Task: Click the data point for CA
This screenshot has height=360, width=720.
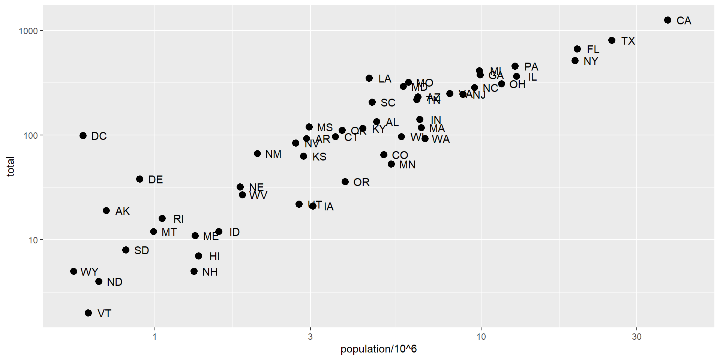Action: tap(667, 20)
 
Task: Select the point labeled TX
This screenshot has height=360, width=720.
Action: tap(612, 40)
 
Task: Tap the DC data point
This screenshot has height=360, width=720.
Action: tap(83, 136)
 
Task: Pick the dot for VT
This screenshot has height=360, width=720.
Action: tap(88, 313)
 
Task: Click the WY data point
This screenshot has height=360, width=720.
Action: tap(74, 271)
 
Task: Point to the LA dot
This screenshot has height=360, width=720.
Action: tap(369, 78)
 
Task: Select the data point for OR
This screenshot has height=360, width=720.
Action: tap(345, 182)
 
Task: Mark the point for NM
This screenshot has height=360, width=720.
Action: tap(258, 154)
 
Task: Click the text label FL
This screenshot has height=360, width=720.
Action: tap(593, 49)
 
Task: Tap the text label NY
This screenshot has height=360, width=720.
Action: tap(591, 61)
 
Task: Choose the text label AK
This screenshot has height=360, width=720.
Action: tap(122, 211)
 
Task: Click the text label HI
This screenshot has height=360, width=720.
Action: tap(214, 256)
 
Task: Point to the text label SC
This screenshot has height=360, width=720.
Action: tap(388, 103)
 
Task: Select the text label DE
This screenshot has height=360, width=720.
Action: tap(155, 180)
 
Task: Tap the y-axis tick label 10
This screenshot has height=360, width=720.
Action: tap(33, 240)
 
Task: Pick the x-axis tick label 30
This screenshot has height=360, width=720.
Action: tap(636, 337)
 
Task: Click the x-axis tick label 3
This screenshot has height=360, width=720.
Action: tap(310, 337)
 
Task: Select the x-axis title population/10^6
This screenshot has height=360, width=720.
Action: tap(378, 349)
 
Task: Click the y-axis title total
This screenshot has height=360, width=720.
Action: tap(10, 166)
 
